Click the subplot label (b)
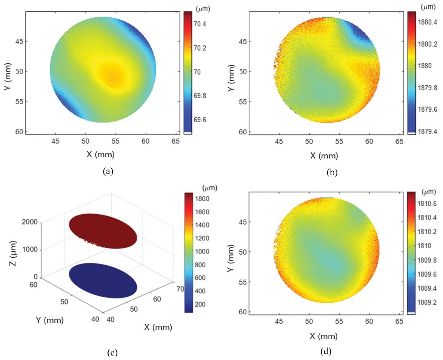(332, 173)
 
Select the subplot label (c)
(112, 353)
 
